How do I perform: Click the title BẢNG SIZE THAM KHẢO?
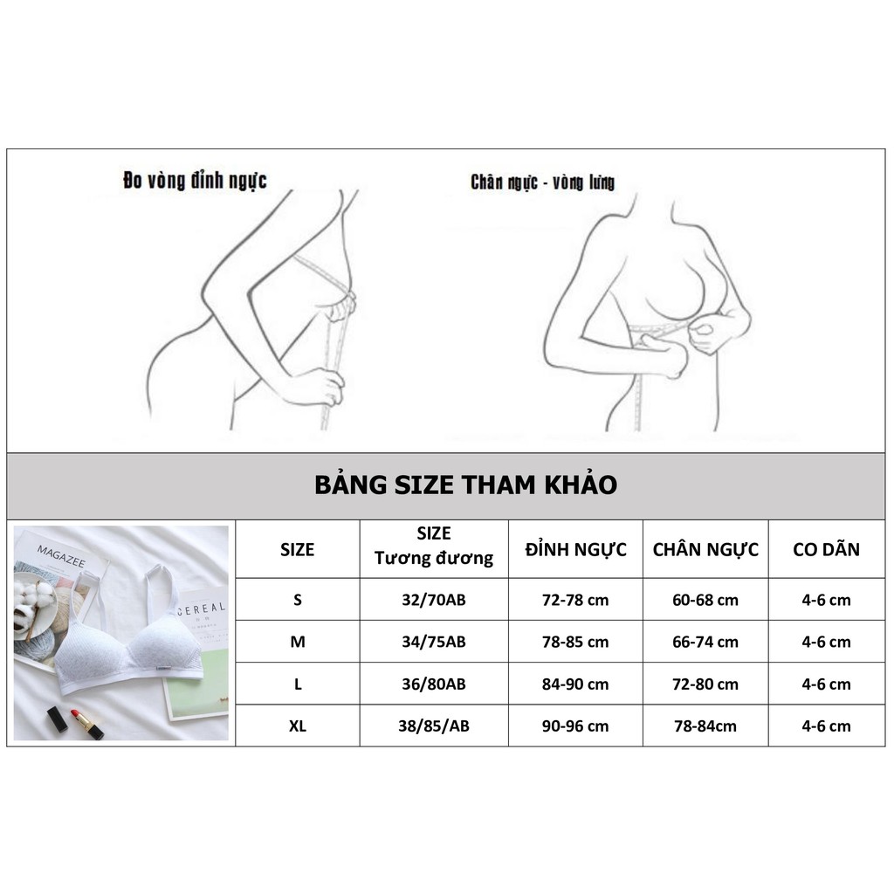pyautogui.click(x=465, y=485)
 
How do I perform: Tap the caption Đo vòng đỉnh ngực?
pyautogui.click(x=195, y=181)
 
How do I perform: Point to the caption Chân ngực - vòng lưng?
pyautogui.click(x=542, y=182)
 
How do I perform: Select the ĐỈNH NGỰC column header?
pyautogui.click(x=575, y=549)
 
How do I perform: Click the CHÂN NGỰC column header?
pyautogui.click(x=705, y=549)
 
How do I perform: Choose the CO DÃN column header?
pyautogui.click(x=826, y=549)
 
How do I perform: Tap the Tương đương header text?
pyautogui.click(x=434, y=559)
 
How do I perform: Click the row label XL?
pyautogui.click(x=298, y=726)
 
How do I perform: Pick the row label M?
pyautogui.click(x=298, y=642)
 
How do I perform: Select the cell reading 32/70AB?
pyautogui.click(x=434, y=600)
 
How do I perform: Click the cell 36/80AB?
pyautogui.click(x=434, y=684)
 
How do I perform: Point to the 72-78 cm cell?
pyautogui.click(x=575, y=600)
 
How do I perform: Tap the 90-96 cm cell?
pyautogui.click(x=575, y=726)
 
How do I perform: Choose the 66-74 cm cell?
pyautogui.click(x=705, y=642)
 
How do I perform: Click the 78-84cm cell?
pyautogui.click(x=705, y=726)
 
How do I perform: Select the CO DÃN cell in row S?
pyautogui.click(x=826, y=600)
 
